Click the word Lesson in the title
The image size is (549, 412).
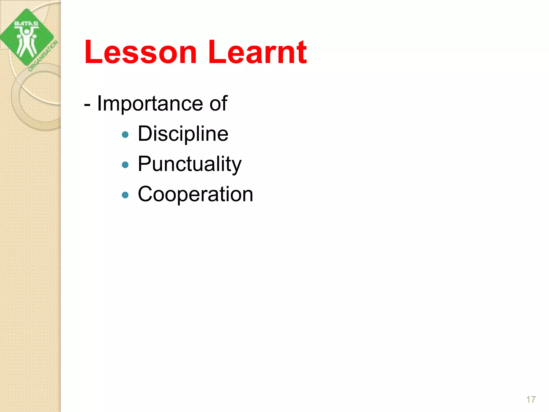pyautogui.click(x=140, y=52)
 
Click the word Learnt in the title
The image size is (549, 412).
pyautogui.click(x=257, y=52)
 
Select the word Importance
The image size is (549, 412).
pyautogui.click(x=150, y=104)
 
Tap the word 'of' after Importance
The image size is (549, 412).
pyautogui.click(x=218, y=104)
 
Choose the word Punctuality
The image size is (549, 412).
pyautogui.click(x=190, y=164)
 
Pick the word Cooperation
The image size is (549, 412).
pyautogui.click(x=195, y=194)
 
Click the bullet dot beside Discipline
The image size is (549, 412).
pyautogui.click(x=125, y=134)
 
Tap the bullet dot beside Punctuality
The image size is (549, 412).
pyautogui.click(x=125, y=164)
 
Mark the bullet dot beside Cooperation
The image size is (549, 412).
pyautogui.click(x=125, y=195)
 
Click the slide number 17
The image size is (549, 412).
pyautogui.click(x=531, y=399)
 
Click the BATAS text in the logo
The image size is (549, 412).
pyautogui.click(x=26, y=24)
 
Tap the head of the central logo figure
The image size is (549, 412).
pyautogui.click(x=27, y=31)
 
